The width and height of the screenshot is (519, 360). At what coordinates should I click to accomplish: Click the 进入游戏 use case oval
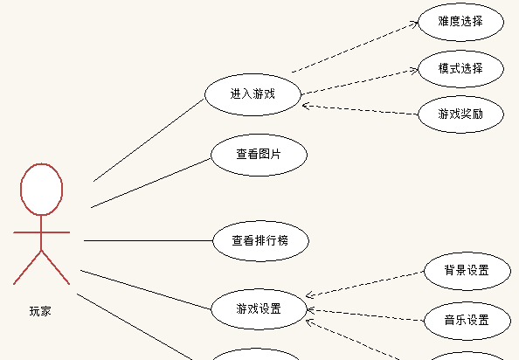pos(253,94)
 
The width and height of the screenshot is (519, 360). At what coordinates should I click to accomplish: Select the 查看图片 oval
pos(259,155)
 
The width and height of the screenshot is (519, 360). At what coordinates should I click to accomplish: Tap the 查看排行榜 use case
pos(260,241)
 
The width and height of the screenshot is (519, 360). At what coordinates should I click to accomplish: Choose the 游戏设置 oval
pos(259,309)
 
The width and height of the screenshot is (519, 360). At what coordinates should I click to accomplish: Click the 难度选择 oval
pos(460,22)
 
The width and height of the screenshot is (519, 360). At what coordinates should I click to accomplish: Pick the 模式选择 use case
pos(460,69)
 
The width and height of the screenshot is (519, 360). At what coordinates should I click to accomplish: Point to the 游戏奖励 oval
pos(460,114)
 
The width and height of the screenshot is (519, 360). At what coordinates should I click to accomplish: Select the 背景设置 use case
pos(467,271)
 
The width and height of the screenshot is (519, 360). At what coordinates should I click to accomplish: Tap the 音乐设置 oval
pos(467,321)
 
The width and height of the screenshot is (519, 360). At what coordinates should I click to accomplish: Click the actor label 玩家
pos(40,311)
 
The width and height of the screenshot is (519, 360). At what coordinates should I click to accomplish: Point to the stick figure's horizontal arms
pos(41,232)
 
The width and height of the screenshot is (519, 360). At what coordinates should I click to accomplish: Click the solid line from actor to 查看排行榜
pos(149,241)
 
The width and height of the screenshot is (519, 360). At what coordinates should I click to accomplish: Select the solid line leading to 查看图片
pos(151,183)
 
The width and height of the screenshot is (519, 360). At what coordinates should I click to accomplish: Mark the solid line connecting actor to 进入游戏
pos(149,140)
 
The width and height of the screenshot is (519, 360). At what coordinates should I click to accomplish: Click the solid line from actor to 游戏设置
pos(146,290)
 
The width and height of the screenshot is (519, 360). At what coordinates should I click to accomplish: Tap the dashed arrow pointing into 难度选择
pos(355,46)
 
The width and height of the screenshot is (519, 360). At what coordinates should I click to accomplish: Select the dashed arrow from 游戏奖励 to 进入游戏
pos(360,110)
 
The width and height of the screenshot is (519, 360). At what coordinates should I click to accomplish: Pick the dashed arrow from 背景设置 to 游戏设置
pos(364,284)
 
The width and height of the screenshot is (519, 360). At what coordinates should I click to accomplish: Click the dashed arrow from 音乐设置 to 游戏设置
pos(365,315)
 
